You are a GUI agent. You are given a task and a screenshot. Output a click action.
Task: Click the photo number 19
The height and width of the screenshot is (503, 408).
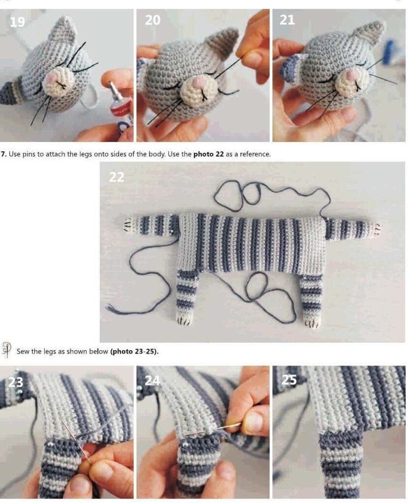pos(17,22)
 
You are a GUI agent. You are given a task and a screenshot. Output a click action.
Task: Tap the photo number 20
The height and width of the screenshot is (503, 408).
pos(152,20)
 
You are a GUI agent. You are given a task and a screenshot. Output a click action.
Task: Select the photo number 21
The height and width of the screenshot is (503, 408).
pos(287,20)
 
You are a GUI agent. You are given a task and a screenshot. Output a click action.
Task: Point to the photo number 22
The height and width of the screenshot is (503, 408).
pos(117,177)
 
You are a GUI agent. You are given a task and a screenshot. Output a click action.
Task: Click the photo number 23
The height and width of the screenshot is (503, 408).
pos(16,382)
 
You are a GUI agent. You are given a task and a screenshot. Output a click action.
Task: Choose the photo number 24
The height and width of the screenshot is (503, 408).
pos(152,380)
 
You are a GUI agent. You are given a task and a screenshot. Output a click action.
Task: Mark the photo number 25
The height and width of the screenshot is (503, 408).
pos(289,380)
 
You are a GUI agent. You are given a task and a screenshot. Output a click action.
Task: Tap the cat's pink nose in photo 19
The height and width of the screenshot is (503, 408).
pos(53,78)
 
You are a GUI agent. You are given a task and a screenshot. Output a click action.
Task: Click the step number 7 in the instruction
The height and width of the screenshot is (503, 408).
pos(3,154)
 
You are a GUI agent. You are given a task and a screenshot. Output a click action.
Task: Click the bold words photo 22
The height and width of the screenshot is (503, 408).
pos(208,154)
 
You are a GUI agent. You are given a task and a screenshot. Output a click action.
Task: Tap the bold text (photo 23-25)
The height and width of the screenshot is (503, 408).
pos(135,351)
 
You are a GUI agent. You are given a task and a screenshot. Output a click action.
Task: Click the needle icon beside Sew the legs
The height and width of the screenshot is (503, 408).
pos(6,349)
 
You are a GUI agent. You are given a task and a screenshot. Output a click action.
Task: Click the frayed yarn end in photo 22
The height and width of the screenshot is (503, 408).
pos(110,308)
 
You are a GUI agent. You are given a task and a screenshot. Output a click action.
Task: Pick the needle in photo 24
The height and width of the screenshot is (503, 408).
pos(212,429)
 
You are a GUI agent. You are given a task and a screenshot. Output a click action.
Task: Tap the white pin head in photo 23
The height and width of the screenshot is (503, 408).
pos(51,444)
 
